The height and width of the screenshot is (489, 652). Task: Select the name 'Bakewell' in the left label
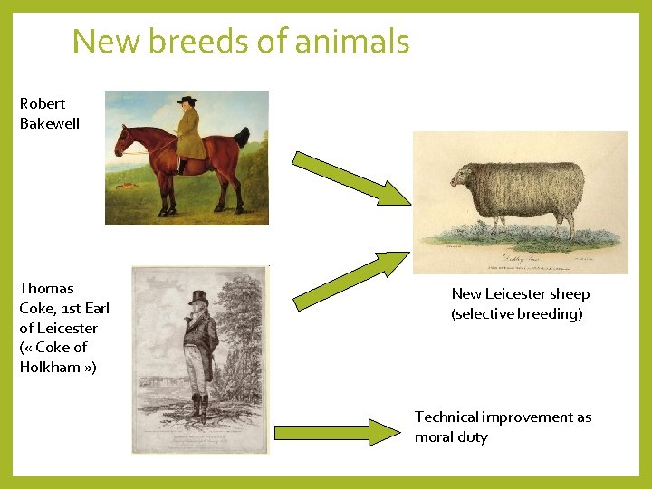[x=50, y=123]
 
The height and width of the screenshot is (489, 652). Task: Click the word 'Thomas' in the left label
[x=47, y=288]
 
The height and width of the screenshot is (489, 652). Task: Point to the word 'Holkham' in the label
[x=52, y=367]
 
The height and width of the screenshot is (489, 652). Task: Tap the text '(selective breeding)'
[x=517, y=313]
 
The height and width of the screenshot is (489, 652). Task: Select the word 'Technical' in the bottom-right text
[x=446, y=417]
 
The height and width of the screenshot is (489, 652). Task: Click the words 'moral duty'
[x=451, y=436]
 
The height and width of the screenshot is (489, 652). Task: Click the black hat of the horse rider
[x=187, y=100]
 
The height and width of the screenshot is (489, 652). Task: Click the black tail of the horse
[x=241, y=137]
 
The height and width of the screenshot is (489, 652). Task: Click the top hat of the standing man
[x=197, y=297]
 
